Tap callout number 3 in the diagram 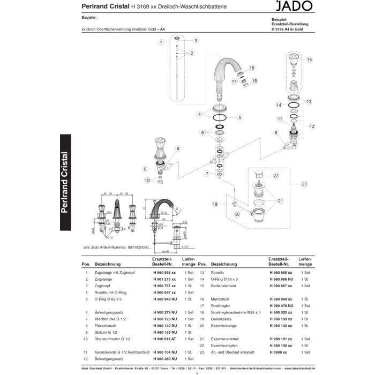(196, 41)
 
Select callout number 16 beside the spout (251, 68)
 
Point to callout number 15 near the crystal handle (309, 60)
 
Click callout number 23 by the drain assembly (304, 184)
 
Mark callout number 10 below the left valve (146, 181)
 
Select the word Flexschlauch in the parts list (106, 325)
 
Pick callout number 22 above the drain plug (276, 176)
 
